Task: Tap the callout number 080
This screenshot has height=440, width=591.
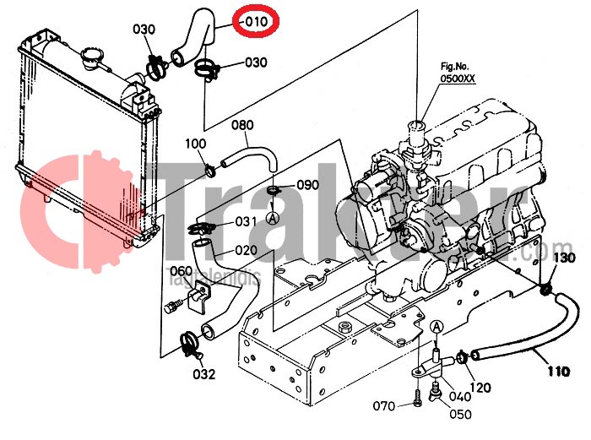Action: pos(242,127)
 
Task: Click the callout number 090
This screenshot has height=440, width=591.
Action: pos(307,186)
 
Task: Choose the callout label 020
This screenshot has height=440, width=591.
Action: pos(246,250)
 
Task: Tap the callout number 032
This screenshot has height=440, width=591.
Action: pos(203,374)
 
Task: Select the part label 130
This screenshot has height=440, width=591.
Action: pos(564,258)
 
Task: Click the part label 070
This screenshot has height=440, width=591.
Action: pos(384,406)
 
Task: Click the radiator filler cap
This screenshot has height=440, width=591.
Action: pos(90,61)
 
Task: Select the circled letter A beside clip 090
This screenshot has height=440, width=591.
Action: pos(273,217)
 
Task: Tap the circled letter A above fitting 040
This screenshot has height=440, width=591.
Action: pos(436,327)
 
